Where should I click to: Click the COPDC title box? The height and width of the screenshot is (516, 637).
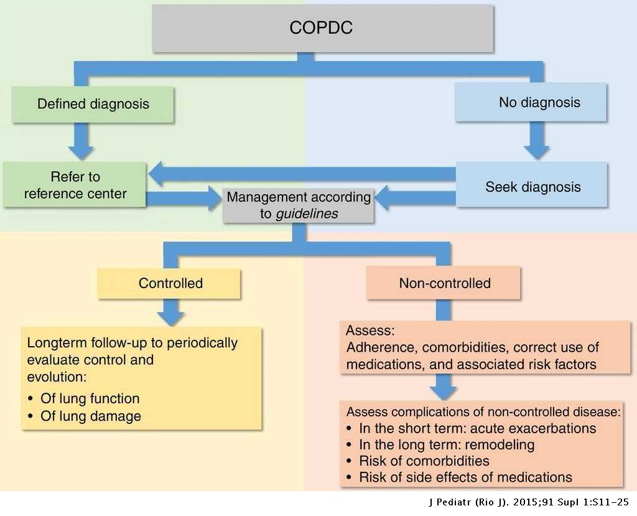[323, 28]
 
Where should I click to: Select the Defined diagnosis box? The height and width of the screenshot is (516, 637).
[93, 103]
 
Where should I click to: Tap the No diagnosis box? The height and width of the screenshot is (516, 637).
[531, 102]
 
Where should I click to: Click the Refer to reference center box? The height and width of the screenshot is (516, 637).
[75, 185]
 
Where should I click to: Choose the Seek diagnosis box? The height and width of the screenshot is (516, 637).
[532, 186]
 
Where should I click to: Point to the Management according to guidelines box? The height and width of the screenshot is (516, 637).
[299, 205]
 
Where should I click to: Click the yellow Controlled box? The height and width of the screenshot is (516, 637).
[170, 283]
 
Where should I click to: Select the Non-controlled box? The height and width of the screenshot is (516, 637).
[444, 283]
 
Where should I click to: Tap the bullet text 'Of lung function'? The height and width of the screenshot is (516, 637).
[90, 398]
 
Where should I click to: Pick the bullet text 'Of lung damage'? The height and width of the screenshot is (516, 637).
[91, 416]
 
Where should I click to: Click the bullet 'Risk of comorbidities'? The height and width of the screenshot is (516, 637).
[424, 461]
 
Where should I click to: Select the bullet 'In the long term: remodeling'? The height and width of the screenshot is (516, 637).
[447, 445]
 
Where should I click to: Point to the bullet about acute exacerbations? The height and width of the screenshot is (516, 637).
[477, 429]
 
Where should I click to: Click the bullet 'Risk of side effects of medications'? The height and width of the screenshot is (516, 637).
[465, 477]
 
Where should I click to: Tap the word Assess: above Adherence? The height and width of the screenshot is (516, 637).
[371, 331]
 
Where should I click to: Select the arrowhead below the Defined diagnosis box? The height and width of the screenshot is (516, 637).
[81, 151]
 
